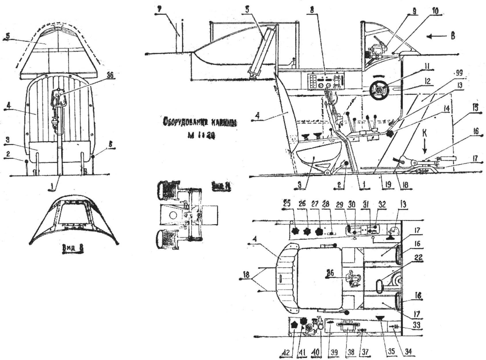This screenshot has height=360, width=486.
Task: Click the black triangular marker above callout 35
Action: (380, 317)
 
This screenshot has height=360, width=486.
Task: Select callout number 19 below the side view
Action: (388, 184)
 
